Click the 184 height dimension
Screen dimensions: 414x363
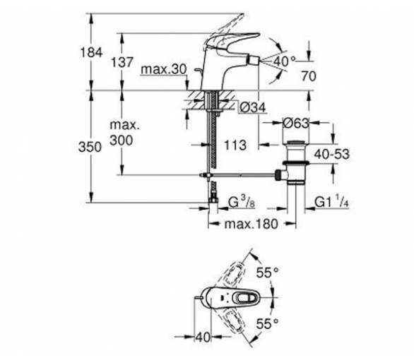pos(91,52)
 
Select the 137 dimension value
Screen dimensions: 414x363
pos(122,62)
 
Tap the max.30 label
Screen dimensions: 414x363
pos(164,69)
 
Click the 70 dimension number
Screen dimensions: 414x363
pos(309,76)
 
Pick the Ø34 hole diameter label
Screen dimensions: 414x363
pos(253,108)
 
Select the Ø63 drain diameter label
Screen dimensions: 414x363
pos(296,124)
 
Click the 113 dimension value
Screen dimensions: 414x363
pos(235,145)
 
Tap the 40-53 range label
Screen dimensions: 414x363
pos(331,154)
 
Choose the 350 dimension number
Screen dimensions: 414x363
pos(90,147)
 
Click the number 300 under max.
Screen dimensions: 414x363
pos(122,140)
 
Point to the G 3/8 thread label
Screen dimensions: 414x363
pos(242,203)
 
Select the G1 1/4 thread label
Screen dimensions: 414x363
pos(331,201)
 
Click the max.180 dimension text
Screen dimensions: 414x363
pos(251,224)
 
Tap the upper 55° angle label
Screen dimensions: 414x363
pos(268,273)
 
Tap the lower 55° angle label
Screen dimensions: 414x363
pos(268,323)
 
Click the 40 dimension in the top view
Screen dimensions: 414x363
pos(203,337)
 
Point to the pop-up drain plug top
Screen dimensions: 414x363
pos(297,143)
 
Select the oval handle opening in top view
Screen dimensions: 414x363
pos(245,299)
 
